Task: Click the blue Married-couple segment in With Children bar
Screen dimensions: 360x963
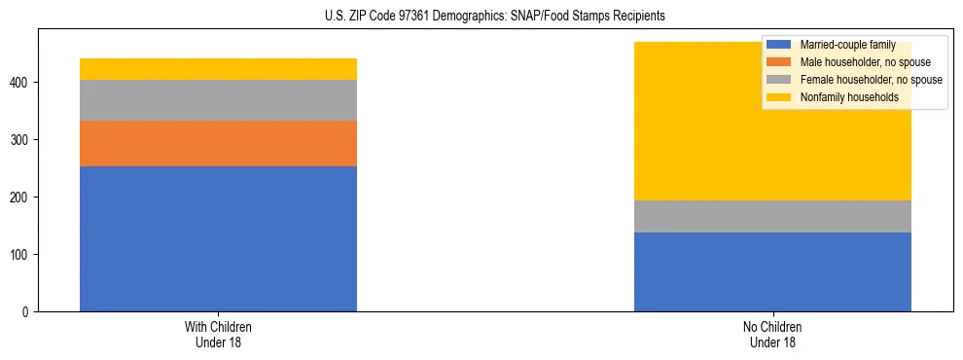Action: click(x=218, y=238)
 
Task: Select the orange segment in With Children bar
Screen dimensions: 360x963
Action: click(x=218, y=143)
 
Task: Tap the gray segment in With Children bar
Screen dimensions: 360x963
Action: click(x=218, y=100)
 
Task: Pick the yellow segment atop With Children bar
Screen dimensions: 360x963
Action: click(x=218, y=69)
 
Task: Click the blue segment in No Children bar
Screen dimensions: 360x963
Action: click(x=772, y=271)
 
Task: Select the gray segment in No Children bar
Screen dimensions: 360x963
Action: click(x=772, y=216)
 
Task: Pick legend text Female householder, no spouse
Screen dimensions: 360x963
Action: click(x=870, y=80)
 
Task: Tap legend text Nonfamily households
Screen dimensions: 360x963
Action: click(x=848, y=97)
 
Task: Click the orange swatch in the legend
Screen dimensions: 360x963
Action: click(x=779, y=62)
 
